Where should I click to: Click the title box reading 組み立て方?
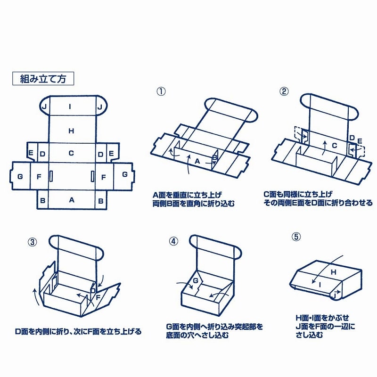(x=43, y=78)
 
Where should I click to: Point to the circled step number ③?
(x=33, y=242)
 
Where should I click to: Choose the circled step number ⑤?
(x=295, y=237)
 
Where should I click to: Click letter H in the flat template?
(x=71, y=131)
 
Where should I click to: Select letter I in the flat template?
(x=70, y=107)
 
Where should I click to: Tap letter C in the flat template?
(x=71, y=153)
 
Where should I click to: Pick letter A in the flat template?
(x=72, y=200)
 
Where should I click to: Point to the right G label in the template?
(x=124, y=174)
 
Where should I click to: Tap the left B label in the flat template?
(x=43, y=200)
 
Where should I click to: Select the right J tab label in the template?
(x=99, y=107)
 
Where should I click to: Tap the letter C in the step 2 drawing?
(x=334, y=146)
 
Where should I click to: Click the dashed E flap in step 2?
(x=360, y=141)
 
